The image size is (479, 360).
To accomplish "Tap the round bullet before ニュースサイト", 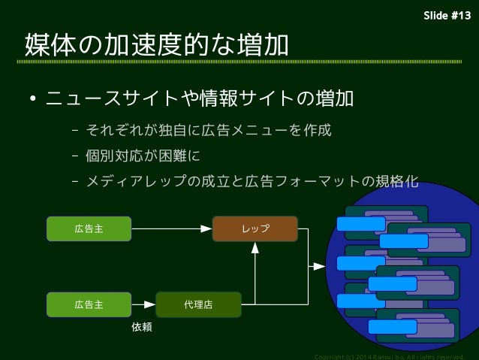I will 34,100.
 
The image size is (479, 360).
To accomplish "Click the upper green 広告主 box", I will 89,228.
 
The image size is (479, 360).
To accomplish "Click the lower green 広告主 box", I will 89,305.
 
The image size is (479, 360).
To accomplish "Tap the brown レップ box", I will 255,228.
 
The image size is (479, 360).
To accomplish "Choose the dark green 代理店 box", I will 198,305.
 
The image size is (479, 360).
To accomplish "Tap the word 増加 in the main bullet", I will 333,99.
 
